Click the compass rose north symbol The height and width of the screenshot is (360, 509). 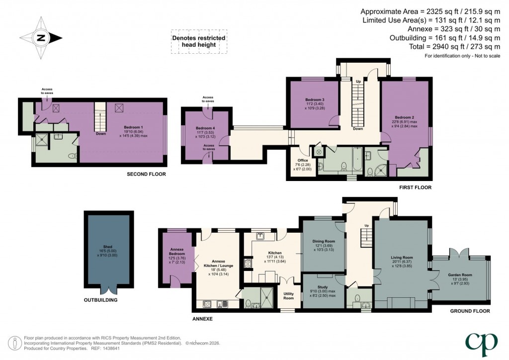[41, 38]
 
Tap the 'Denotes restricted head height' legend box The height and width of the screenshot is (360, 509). [198, 41]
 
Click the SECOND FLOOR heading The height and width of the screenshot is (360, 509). [146, 175]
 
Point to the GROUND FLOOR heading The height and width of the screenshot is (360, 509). [470, 311]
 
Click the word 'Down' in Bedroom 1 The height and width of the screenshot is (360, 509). [100, 133]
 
